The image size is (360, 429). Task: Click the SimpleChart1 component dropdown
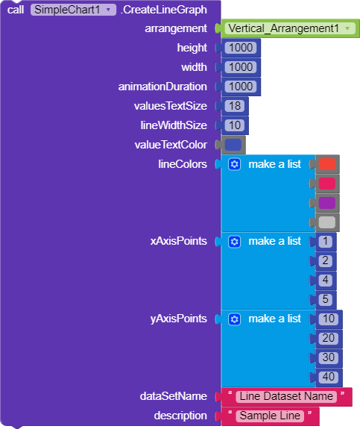click(x=73, y=10)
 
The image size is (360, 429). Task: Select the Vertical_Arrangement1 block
click(x=290, y=28)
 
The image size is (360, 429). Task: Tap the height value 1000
click(x=241, y=48)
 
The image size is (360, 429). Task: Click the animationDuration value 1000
click(x=241, y=87)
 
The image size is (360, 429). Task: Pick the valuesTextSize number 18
click(x=235, y=106)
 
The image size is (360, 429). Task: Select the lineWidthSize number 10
click(x=235, y=125)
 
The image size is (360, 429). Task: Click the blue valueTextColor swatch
click(x=233, y=145)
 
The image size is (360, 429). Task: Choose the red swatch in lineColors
click(x=326, y=164)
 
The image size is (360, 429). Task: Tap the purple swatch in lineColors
click(x=326, y=203)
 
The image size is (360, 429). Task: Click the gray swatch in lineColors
click(x=326, y=222)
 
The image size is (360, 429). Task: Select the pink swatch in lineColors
click(x=326, y=184)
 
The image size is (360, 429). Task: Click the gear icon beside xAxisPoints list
click(x=234, y=242)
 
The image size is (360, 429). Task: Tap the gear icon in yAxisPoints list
click(x=234, y=319)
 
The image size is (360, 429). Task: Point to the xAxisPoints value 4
click(x=325, y=281)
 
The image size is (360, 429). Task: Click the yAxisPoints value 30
click(x=328, y=357)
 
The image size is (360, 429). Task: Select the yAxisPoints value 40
click(x=328, y=377)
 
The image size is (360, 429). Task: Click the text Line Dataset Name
click(x=286, y=396)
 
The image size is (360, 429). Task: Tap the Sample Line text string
click(x=270, y=416)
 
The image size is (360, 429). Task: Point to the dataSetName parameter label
click(x=174, y=396)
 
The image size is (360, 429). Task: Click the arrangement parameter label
click(x=176, y=29)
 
